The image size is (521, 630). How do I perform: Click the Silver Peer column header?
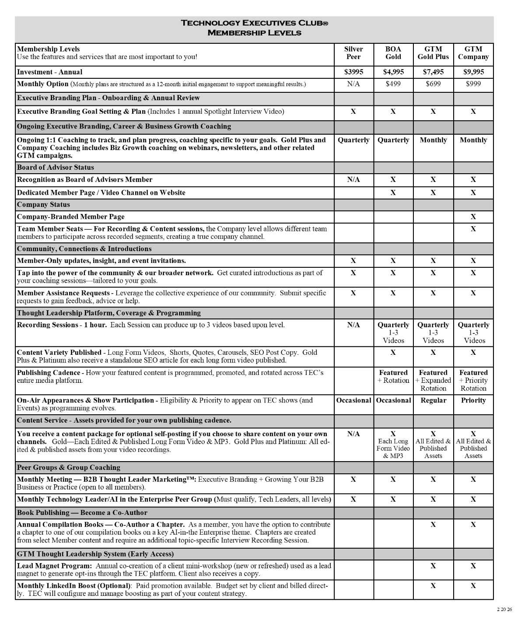[353, 53]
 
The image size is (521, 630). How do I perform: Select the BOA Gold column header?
[393, 53]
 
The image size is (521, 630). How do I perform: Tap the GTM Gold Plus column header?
[433, 53]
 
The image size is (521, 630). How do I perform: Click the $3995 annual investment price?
[353, 72]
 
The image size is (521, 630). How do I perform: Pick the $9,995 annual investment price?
[473, 72]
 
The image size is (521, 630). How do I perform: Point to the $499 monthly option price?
[393, 84]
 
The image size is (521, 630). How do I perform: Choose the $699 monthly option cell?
[433, 84]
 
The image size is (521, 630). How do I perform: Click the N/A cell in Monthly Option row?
[353, 84]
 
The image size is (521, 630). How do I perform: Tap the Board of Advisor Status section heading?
[56, 168]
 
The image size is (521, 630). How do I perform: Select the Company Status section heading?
[43, 205]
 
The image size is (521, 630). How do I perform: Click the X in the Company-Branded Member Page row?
[473, 217]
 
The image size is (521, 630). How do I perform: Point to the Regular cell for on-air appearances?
[433, 400]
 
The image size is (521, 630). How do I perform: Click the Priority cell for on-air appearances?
[473, 400]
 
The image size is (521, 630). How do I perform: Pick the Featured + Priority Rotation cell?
[473, 381]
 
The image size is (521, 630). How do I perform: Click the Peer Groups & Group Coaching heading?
[69, 468]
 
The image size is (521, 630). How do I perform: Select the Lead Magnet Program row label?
[55, 566]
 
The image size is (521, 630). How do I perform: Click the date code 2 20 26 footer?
[504, 609]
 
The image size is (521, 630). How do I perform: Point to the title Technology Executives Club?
[254, 23]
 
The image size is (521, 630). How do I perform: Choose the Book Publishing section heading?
[82, 513]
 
